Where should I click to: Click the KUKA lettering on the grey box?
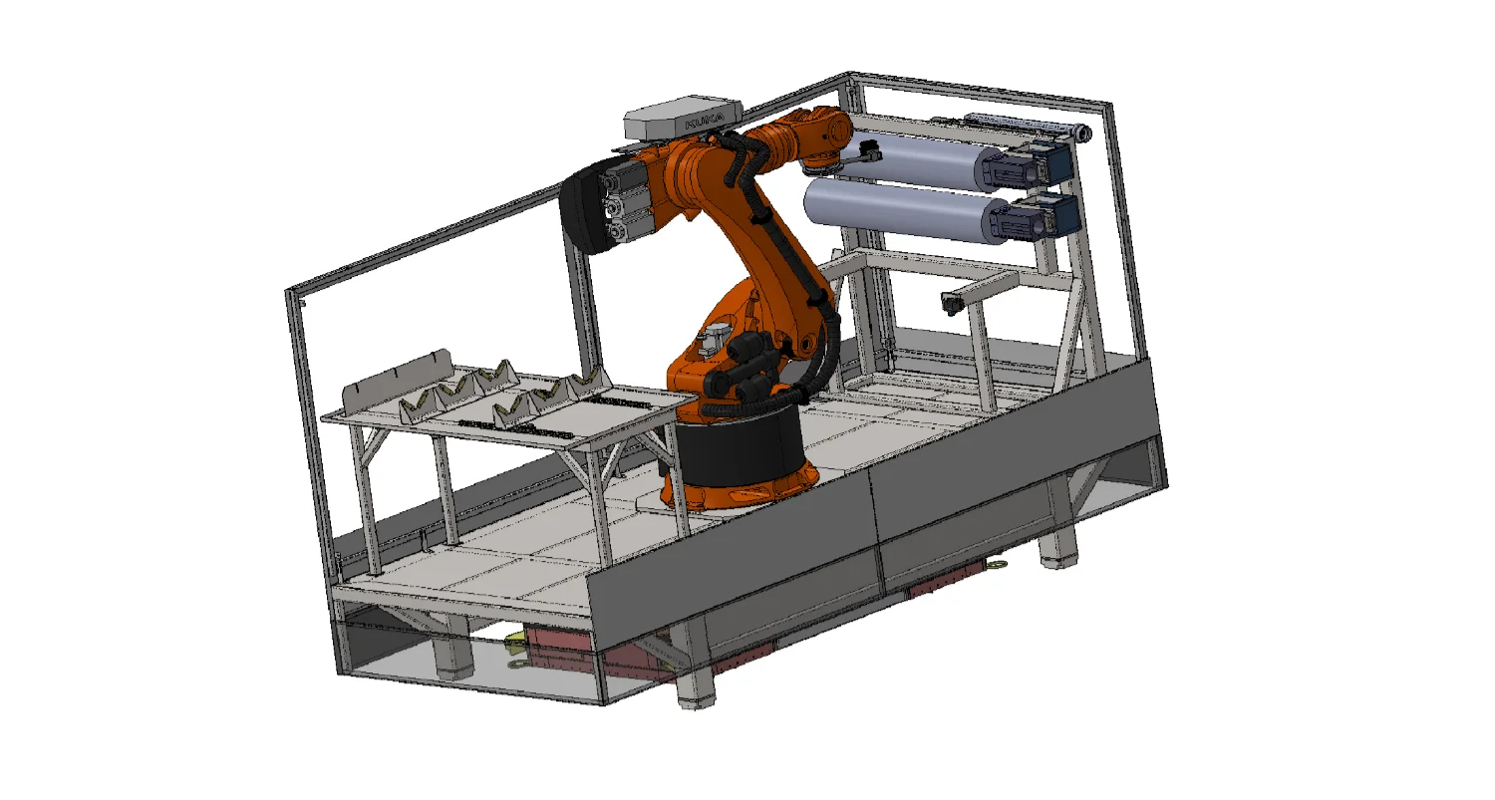(704, 122)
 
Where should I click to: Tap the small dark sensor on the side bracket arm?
(950, 304)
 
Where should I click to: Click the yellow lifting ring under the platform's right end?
(999, 566)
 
